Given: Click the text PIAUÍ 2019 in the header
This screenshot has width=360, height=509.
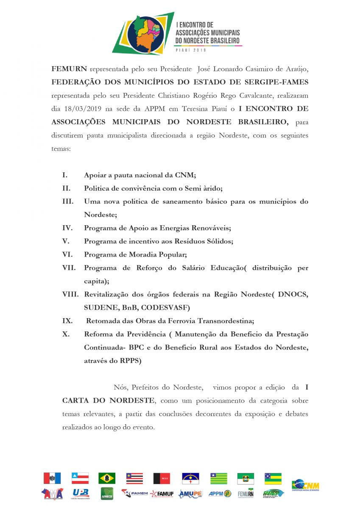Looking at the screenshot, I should point(190,50).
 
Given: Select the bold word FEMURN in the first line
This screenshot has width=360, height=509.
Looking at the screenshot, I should point(69,69).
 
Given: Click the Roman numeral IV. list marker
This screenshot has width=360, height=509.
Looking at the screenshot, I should point(67,228).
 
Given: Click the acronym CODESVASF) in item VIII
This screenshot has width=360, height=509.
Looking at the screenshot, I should point(168,307).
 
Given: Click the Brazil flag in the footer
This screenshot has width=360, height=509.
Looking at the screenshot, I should point(107,478).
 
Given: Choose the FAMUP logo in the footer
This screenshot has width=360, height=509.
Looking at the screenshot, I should point(162,494).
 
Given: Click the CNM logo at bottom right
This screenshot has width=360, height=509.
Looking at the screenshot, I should point(305,485).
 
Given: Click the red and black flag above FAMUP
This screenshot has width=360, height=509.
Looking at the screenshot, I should point(162,478).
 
